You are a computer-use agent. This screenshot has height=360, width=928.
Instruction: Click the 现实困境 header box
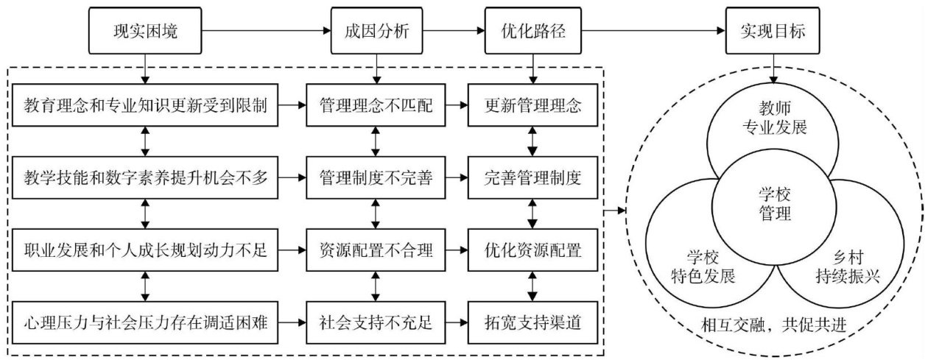146,32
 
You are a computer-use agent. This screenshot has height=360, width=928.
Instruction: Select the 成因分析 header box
376,32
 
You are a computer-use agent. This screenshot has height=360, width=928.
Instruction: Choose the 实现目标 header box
773,32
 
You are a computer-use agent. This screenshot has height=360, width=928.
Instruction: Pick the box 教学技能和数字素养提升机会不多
146,177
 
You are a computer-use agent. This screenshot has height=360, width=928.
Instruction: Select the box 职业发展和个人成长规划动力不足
146,250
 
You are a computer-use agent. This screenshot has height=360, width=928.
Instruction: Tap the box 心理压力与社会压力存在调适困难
146,322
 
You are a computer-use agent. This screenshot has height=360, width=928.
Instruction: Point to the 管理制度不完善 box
376,177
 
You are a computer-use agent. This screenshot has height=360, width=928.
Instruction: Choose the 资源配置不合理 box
376,250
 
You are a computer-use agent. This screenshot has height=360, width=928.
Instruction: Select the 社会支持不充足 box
376,322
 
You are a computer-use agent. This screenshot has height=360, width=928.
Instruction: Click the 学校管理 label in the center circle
774,205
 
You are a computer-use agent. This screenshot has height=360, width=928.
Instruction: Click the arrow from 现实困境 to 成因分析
264,32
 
